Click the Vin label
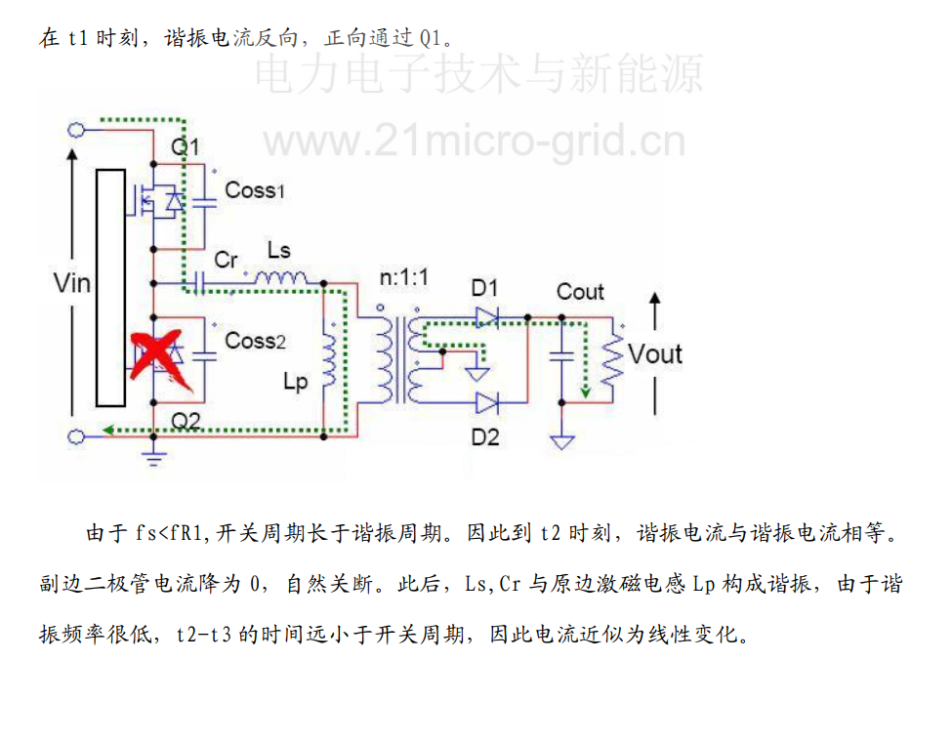tap(71, 283)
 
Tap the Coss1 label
tap(255, 190)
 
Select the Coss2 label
tap(255, 341)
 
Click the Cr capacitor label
tap(226, 260)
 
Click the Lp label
tap(294, 382)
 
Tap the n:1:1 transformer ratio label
tap(403, 278)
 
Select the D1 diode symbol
tap(487, 315)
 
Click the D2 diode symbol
tap(487, 401)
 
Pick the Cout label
tap(580, 291)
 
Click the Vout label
tap(654, 353)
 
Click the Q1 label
tap(185, 147)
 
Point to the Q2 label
tap(186, 420)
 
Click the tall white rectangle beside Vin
tap(110, 287)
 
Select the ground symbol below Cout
tap(561, 441)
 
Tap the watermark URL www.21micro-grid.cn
tap(474, 143)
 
